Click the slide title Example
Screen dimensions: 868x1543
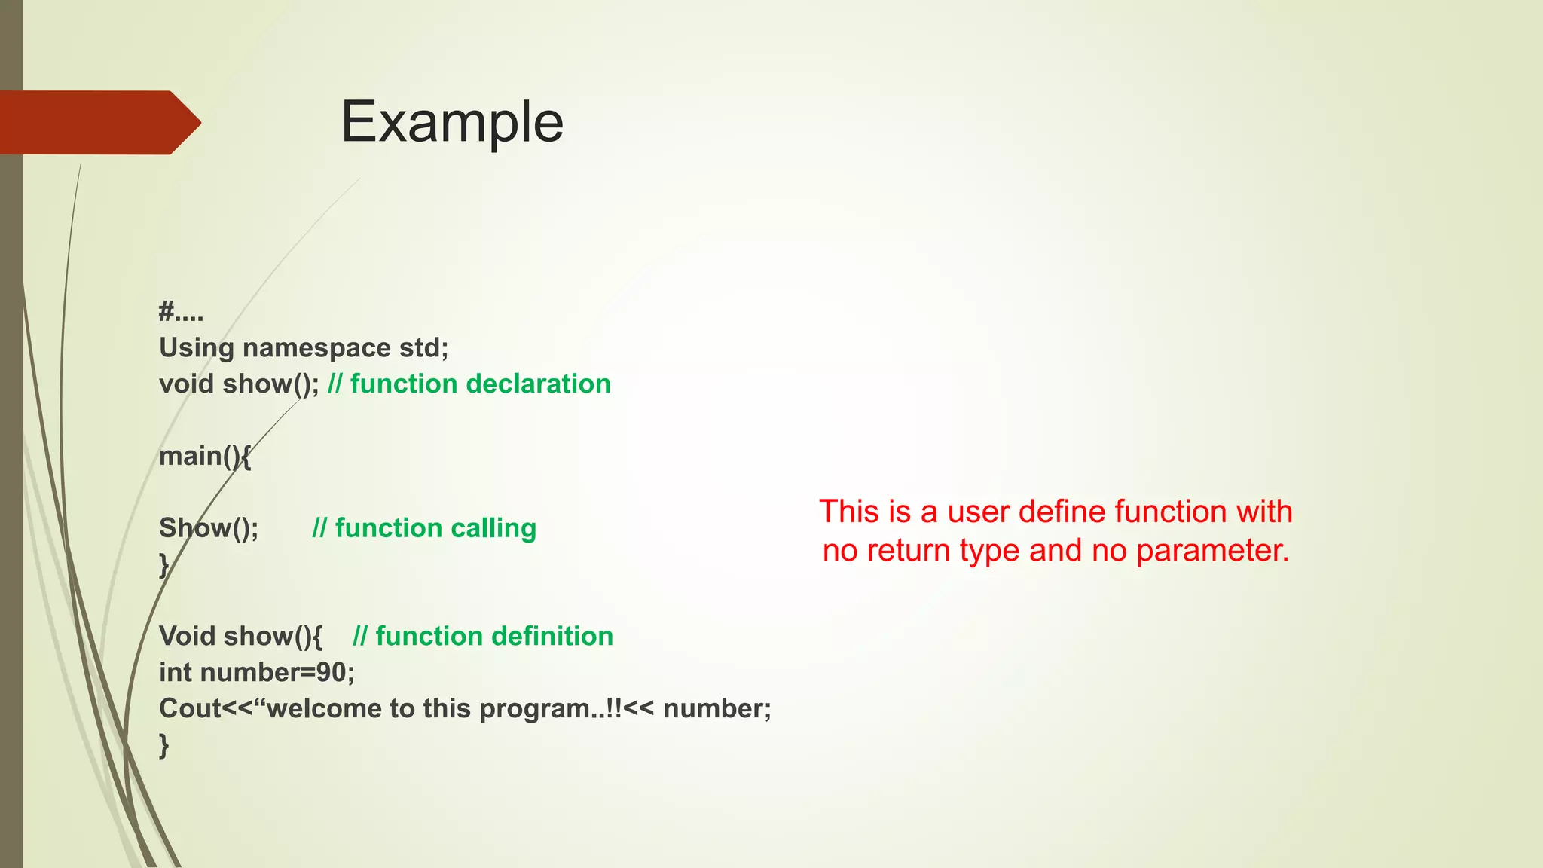click(452, 122)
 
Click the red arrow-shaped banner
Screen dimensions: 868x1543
click(98, 122)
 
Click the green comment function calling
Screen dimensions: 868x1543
click(435, 528)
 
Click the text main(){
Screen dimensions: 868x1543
click(204, 456)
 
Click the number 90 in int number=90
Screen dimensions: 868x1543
click(332, 672)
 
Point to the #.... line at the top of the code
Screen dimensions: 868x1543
click(181, 311)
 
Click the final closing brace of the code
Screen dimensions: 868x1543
click(163, 745)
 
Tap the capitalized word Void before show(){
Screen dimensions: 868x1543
click(187, 637)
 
